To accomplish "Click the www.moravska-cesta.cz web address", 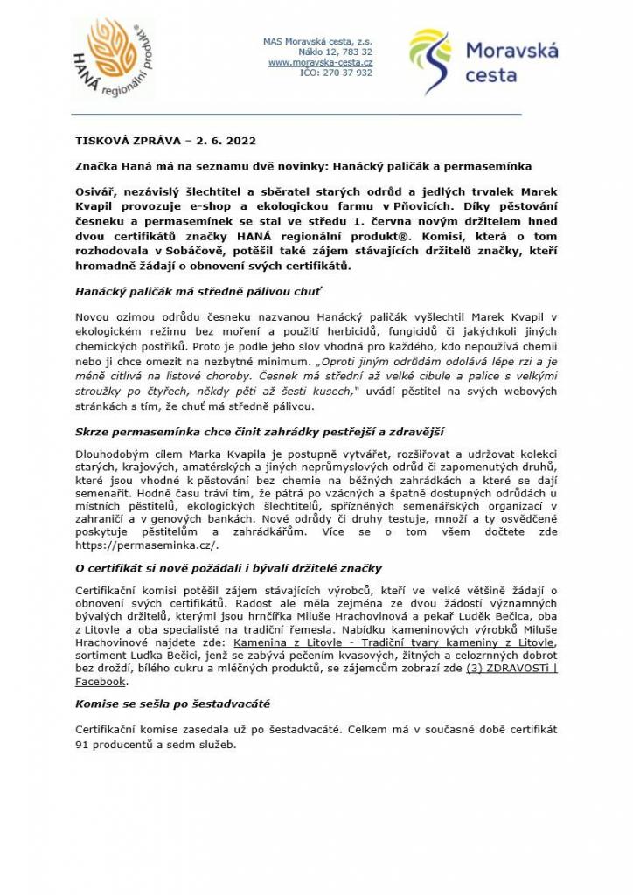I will [x=320, y=63].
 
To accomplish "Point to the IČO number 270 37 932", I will [x=336, y=73].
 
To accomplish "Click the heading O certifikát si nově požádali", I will [x=228, y=568].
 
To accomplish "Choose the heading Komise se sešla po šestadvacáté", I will [x=172, y=703].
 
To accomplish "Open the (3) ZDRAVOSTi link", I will [x=511, y=669].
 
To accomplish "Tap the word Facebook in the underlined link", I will [x=100, y=682].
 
